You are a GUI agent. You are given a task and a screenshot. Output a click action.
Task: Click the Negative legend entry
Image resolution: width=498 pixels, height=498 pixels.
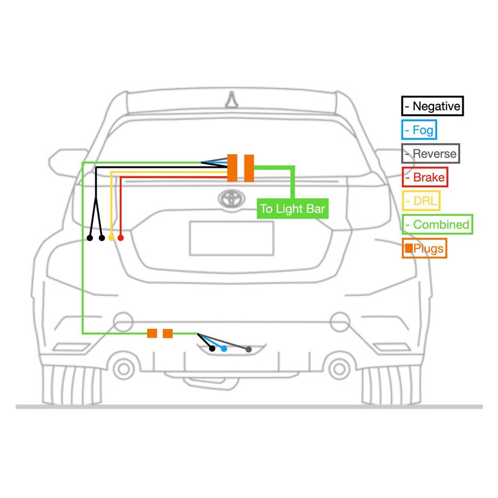point(432,106)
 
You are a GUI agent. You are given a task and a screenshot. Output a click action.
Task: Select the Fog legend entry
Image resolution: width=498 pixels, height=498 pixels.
point(418,129)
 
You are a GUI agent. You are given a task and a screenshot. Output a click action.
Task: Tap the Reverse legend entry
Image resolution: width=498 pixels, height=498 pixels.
point(430,153)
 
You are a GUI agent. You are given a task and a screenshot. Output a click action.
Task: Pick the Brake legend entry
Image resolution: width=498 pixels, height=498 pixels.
point(424,177)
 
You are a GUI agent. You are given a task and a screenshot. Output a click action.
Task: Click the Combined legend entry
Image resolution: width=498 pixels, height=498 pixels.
point(437,225)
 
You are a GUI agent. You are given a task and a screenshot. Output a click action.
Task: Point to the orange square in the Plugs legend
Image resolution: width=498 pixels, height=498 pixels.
point(409,248)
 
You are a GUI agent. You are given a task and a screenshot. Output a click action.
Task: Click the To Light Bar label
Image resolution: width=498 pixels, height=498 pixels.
point(292,209)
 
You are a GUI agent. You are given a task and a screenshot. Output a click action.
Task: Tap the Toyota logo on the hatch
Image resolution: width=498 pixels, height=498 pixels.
point(229,197)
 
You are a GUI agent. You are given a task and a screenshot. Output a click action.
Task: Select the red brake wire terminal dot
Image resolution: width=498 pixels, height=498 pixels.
point(121,238)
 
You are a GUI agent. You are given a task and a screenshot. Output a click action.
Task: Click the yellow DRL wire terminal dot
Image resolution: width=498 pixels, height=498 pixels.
point(111,238)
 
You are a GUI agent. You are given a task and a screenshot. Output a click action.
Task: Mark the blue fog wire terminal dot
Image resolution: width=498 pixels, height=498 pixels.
point(224,349)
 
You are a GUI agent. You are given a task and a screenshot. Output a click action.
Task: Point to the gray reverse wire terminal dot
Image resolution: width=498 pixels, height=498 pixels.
point(248,350)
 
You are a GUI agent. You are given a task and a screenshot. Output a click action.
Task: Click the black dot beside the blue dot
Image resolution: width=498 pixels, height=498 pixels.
point(212,348)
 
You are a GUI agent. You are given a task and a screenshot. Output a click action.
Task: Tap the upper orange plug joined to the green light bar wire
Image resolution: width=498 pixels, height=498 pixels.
point(249,168)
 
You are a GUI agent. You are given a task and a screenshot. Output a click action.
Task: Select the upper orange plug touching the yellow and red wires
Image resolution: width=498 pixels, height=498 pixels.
point(232,168)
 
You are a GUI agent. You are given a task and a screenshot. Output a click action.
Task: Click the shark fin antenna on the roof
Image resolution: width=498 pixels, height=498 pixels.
point(231,100)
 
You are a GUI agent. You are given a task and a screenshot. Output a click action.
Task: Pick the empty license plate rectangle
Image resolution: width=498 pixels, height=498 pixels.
point(231,238)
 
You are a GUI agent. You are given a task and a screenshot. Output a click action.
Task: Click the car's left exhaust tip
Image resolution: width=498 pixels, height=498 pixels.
point(124,368)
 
